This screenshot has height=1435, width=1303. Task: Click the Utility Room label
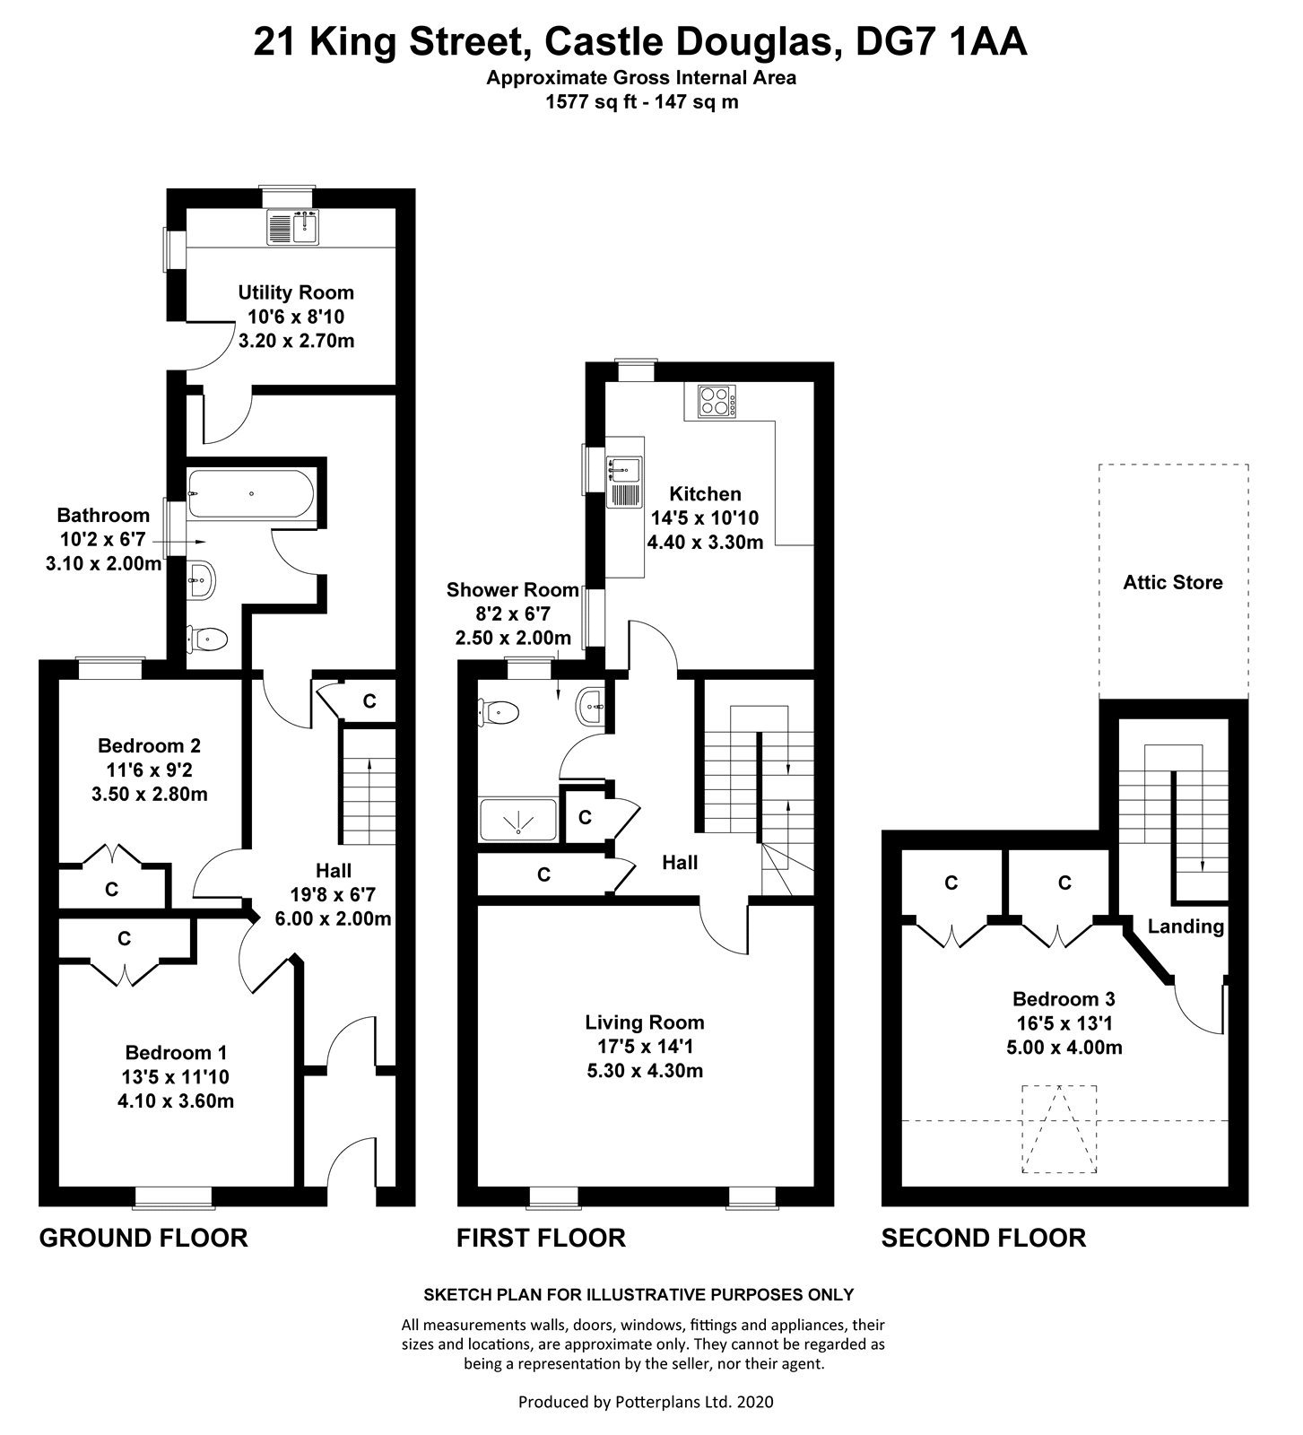(295, 292)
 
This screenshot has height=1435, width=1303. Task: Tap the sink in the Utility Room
(293, 227)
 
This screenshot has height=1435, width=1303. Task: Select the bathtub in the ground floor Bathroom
(250, 495)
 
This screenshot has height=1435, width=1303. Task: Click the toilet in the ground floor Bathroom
(207, 639)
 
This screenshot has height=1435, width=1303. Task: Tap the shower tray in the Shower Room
(518, 820)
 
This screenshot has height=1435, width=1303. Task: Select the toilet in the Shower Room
(499, 712)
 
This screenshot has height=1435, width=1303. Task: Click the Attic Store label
(1173, 582)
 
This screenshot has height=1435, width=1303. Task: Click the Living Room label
(645, 1022)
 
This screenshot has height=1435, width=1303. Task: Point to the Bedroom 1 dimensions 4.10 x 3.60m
(176, 1100)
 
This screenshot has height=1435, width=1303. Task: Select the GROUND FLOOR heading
(143, 1239)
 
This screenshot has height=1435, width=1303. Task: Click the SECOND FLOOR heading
(984, 1239)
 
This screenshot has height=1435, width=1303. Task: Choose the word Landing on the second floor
(1186, 926)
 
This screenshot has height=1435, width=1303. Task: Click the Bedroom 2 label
(149, 745)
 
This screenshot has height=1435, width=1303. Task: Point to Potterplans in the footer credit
(650, 1401)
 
